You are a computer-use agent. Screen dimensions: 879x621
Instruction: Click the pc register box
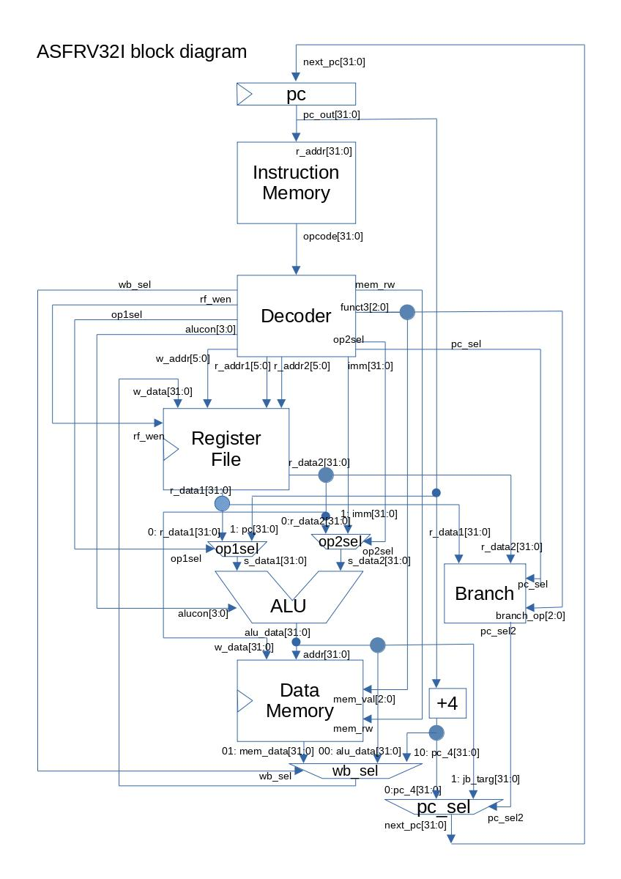coord(296,94)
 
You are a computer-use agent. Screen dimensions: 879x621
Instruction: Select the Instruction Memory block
coord(296,182)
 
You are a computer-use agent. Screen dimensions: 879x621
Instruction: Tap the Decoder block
coord(296,316)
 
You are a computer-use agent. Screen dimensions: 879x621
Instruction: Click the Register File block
coord(226,448)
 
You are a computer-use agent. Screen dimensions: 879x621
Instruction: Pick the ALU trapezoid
coord(289,606)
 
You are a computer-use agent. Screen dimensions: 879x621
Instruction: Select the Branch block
coord(484,593)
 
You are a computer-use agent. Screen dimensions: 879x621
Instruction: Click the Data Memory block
coord(300,700)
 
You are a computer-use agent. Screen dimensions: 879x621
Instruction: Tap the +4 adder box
coord(447,703)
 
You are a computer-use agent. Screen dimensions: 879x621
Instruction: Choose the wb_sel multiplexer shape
coord(355,771)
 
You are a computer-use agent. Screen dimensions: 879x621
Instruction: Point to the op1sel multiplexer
coord(237,549)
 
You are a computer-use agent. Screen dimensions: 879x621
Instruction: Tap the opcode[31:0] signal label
coord(333,236)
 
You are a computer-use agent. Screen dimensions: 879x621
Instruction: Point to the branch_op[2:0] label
coord(530,615)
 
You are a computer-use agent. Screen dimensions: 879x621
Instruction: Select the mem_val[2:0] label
coord(364,699)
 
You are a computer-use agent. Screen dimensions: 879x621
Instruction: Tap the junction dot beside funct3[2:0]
coord(406,313)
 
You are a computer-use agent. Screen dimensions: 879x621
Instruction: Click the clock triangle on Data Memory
coord(244,701)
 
